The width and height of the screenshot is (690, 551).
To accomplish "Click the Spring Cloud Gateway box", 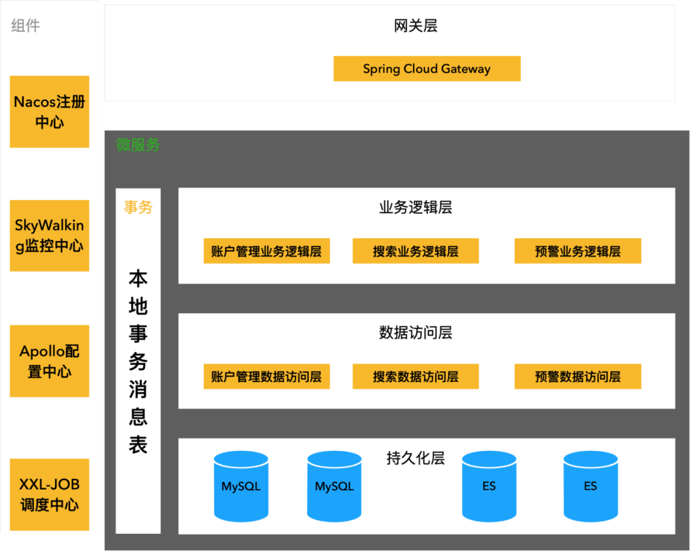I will coord(427,69).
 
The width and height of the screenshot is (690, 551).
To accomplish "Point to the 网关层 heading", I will coord(415,26).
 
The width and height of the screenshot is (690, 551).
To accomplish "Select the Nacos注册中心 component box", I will coord(49,112).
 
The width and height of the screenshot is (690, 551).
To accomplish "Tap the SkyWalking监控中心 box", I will coord(49,236).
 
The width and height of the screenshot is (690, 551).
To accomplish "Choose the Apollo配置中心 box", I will coord(49,361).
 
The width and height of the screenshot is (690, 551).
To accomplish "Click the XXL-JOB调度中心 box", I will coord(49,495).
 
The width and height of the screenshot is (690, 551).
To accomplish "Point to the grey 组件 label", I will coord(26,26).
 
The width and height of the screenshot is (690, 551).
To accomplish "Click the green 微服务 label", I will coord(138,145).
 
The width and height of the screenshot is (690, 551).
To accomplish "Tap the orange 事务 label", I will coord(138,207).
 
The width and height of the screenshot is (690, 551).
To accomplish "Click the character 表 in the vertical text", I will coord(138,444).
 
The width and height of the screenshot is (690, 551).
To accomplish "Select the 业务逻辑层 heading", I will coord(415,208).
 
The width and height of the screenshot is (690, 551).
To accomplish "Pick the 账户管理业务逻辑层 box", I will coord(266,251).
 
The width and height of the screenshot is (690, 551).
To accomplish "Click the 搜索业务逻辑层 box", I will coord(415,251).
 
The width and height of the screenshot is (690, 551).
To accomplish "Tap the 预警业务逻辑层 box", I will coord(578,251).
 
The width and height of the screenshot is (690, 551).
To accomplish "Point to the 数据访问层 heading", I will coord(415,333).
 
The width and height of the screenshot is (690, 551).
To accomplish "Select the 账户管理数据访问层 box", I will coord(266,376).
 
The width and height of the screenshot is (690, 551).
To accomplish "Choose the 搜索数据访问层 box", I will coord(415,376).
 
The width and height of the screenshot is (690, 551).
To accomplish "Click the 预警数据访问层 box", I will coord(578,376).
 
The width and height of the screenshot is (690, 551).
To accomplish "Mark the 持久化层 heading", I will coord(415,458).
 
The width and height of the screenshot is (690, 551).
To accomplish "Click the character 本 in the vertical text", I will coord(138,279).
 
